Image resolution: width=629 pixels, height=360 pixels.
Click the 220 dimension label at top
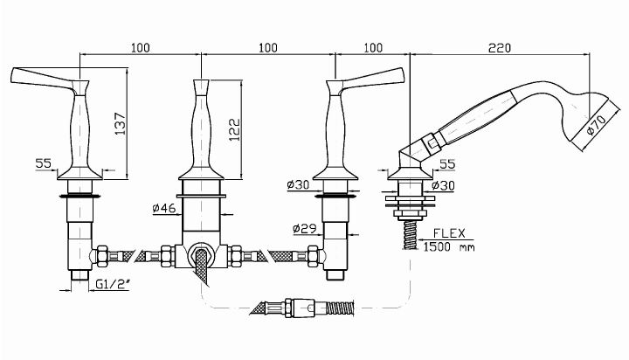(x=500, y=48)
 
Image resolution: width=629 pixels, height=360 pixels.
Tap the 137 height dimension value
(x=120, y=123)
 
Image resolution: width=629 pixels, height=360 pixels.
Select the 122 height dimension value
(x=235, y=129)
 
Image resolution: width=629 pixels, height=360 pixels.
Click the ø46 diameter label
(x=164, y=208)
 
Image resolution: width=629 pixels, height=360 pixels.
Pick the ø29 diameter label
(x=305, y=229)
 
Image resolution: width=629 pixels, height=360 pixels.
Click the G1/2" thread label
(x=113, y=284)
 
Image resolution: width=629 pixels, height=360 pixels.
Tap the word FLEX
(x=449, y=233)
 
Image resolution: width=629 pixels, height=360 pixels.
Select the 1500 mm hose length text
(x=449, y=246)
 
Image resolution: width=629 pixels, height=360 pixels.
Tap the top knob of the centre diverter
(x=201, y=87)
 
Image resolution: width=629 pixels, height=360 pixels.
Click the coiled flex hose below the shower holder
(x=411, y=235)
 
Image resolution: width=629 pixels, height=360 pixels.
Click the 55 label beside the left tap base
(x=44, y=163)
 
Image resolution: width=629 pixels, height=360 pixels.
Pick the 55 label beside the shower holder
(x=447, y=163)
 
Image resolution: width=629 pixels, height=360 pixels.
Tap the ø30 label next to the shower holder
(x=443, y=185)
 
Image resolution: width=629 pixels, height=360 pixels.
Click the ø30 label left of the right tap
(x=298, y=184)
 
